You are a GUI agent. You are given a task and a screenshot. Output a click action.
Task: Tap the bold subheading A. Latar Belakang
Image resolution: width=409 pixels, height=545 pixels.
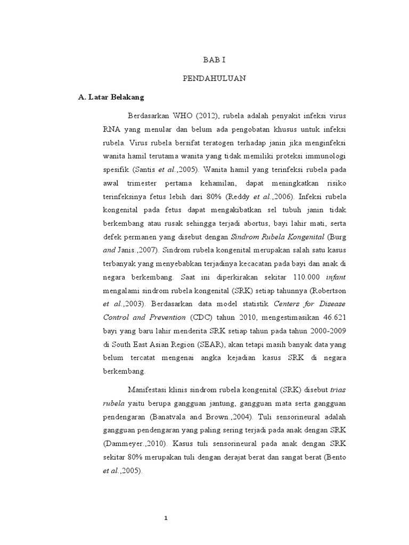111,98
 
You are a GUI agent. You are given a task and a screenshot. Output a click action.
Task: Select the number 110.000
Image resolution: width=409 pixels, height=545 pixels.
296,277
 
